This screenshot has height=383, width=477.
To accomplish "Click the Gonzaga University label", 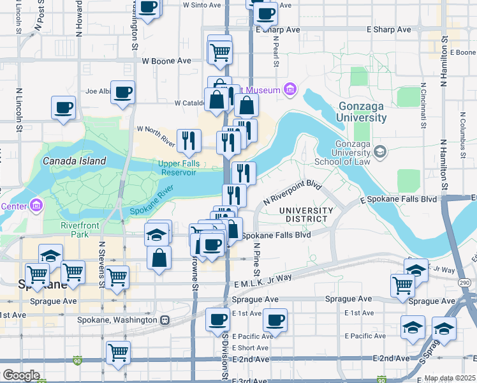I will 362,112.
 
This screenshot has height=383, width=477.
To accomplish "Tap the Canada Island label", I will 74,161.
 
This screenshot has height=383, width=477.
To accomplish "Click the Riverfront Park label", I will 81,230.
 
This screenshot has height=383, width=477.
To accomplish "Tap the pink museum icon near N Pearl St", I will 290,89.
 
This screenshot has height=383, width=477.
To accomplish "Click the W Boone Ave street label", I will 166,61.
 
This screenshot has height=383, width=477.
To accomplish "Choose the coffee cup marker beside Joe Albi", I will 122,92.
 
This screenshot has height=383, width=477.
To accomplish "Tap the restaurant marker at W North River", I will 188,140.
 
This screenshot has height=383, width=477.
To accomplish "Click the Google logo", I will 21,375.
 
